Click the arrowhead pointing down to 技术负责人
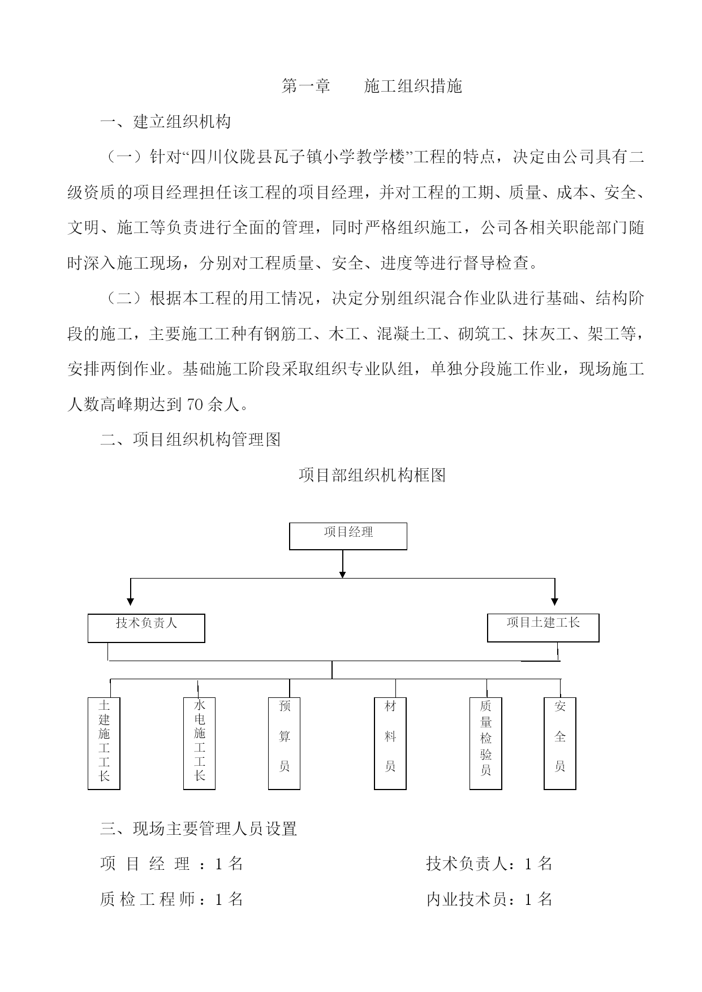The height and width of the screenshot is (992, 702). tap(131, 601)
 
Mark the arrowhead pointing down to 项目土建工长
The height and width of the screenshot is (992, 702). tap(555, 601)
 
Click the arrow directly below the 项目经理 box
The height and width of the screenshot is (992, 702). tap(342, 564)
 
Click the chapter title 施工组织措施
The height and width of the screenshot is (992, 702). tap(414, 86)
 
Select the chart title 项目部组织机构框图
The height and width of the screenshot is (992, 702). tap(372, 475)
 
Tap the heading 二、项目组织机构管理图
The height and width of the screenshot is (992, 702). tap(190, 439)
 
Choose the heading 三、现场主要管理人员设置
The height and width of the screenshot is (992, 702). tap(199, 829)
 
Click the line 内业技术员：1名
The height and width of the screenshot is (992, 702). tap(489, 900)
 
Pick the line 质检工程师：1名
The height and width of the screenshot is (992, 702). tap(171, 900)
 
